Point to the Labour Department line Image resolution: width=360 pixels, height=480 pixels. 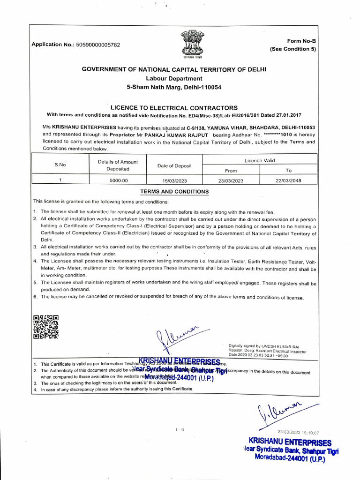click(x=174, y=78)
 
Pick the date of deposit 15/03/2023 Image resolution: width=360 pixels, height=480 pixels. click(x=174, y=180)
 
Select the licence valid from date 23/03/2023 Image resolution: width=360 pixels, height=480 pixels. click(x=231, y=180)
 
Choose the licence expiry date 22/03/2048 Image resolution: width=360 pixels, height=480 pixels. click(x=288, y=180)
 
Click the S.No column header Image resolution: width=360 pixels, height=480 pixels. click(x=60, y=165)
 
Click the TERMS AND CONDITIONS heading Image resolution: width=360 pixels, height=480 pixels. click(x=175, y=192)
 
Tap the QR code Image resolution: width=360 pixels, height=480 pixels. click(x=46, y=327)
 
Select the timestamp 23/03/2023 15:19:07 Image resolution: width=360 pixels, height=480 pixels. click(x=298, y=432)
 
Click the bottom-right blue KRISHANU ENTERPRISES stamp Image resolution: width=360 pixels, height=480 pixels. click(x=291, y=450)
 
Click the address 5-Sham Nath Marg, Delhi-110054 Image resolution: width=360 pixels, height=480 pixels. click(x=174, y=87)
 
